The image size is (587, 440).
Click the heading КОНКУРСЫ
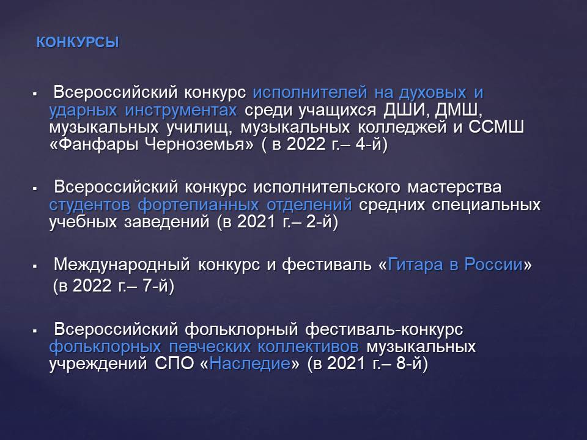coord(78,42)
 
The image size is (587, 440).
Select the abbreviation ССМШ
coord(496,127)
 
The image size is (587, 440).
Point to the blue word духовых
coord(432,92)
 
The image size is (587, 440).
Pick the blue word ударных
coord(83,111)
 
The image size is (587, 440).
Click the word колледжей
coord(402,127)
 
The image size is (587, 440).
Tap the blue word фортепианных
coord(198,205)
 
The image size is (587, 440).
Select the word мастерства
coord(454,187)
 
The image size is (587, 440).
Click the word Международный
coord(122,265)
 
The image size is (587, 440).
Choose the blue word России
coord(493,265)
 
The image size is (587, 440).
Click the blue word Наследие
coord(249,363)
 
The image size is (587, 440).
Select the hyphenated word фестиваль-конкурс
coord(384,329)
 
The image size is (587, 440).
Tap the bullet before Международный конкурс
coord(35,266)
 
